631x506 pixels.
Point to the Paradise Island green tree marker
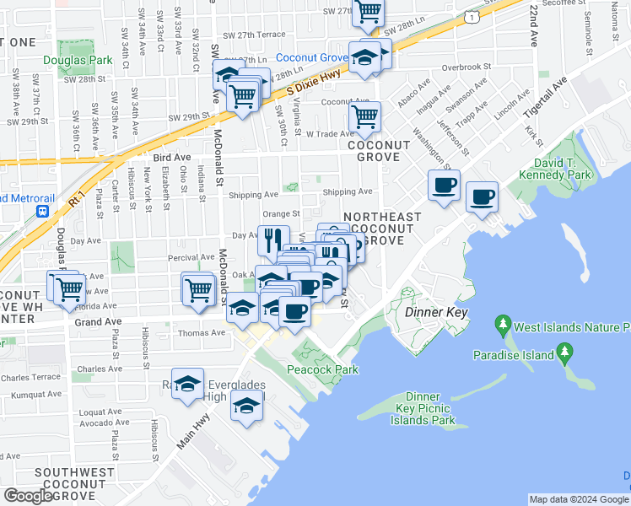coord(564,351)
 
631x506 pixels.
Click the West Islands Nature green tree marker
coord(503,325)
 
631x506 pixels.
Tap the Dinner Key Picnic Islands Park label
coord(418,408)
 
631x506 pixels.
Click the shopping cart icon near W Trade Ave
coord(364,119)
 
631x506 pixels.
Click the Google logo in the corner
coord(28,496)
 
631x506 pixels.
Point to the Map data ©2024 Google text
coord(579,499)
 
